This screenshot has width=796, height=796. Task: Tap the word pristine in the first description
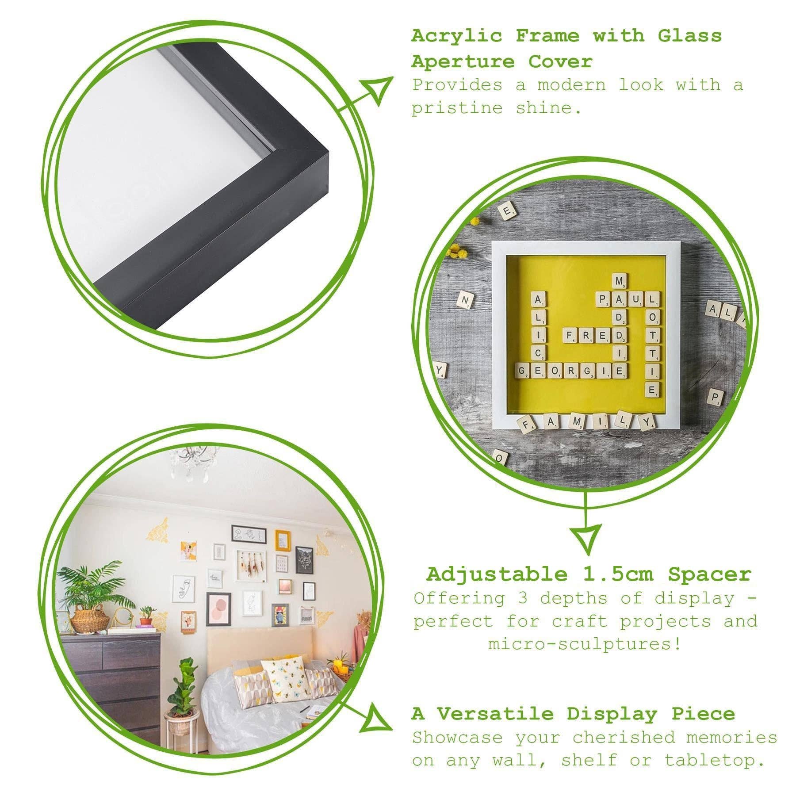pos(457,108)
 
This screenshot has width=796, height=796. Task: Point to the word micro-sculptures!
pos(585,644)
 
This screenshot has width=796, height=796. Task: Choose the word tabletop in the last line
pos(714,761)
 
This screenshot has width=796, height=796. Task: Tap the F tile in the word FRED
pos(570,336)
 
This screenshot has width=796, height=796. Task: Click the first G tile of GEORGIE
pos(523,371)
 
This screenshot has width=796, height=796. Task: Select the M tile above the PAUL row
pos(620,280)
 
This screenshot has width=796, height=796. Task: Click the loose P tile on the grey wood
pos(715,395)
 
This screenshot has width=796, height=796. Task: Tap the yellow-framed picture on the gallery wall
pos(282,540)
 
